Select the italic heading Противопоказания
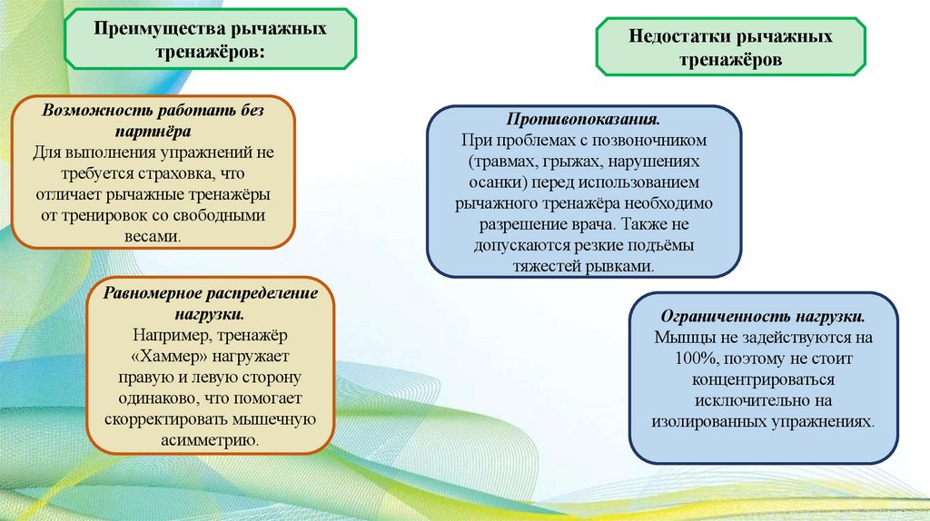click(583, 121)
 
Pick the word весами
click(153, 235)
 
